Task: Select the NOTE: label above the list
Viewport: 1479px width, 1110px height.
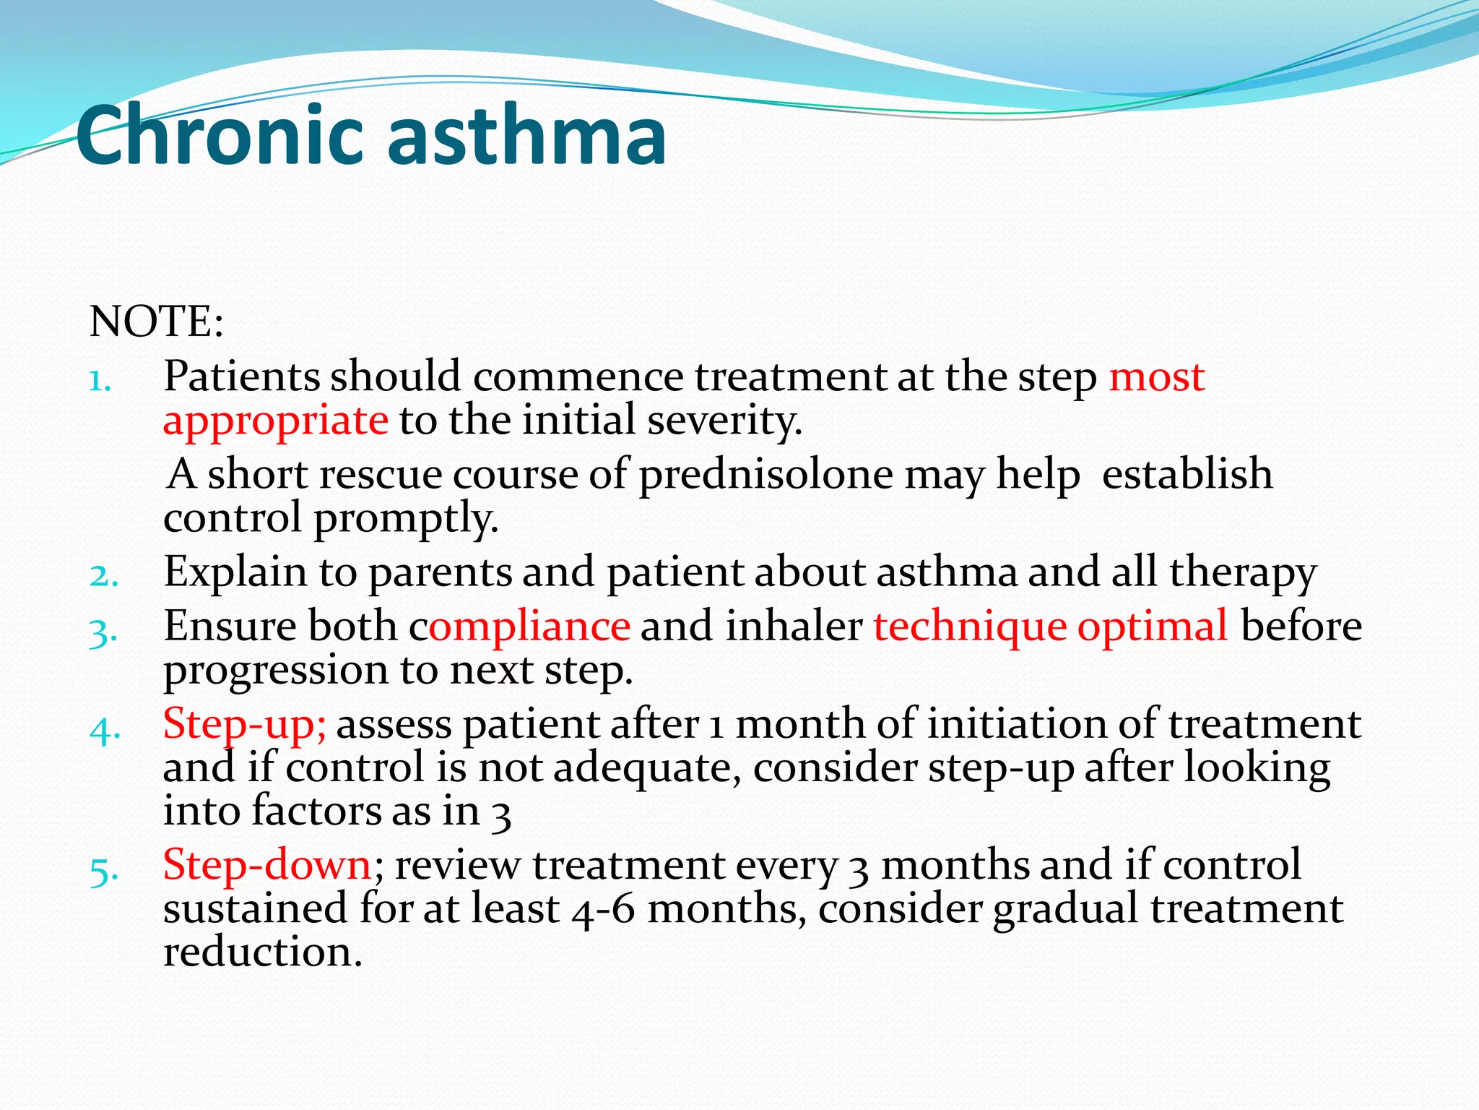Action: coord(156,322)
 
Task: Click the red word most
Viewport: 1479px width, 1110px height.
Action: coord(1156,377)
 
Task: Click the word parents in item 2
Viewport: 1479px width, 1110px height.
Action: coord(441,573)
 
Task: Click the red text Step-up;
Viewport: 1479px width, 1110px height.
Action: coord(245,724)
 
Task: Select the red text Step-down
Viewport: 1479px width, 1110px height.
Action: coord(267,864)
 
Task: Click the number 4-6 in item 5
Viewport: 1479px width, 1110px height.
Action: coord(602,909)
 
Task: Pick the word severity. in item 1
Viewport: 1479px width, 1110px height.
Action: coord(724,421)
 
